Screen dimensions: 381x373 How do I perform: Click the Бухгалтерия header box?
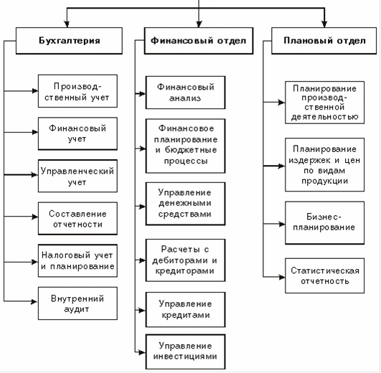click(x=69, y=41)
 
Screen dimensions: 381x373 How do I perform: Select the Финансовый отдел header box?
click(x=199, y=41)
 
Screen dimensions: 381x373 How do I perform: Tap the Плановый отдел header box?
click(x=324, y=41)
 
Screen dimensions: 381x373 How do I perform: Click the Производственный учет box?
click(x=77, y=91)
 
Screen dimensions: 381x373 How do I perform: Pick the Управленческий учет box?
click(x=77, y=176)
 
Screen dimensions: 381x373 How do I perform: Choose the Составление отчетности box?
click(x=77, y=218)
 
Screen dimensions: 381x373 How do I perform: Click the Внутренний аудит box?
click(x=77, y=303)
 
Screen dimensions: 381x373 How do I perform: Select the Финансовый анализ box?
click(x=185, y=93)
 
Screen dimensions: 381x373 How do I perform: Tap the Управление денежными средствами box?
click(x=185, y=204)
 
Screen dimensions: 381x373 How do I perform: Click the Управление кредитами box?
click(x=185, y=309)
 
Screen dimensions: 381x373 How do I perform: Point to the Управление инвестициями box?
click(x=185, y=351)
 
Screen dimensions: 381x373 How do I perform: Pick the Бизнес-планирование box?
click(x=324, y=222)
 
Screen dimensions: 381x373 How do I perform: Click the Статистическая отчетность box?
click(x=324, y=275)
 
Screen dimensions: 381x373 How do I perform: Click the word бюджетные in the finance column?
click(x=191, y=150)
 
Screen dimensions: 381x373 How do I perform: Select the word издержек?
click(x=309, y=161)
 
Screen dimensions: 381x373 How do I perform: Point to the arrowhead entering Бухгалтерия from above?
click(x=67, y=24)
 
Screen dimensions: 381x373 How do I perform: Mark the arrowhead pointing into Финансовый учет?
click(x=35, y=133)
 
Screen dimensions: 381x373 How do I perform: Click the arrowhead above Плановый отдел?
click(x=324, y=24)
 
